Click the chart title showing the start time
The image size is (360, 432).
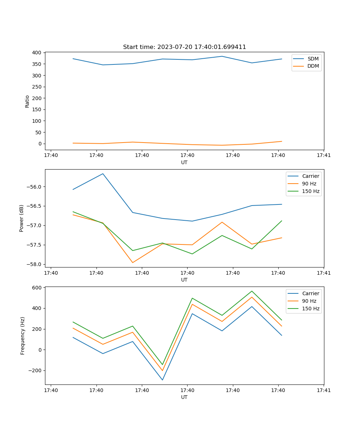184,47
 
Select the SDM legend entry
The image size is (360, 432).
313,59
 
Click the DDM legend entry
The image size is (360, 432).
313,66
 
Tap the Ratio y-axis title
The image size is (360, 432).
27,101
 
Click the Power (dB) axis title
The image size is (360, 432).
22,218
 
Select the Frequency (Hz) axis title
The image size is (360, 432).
23,336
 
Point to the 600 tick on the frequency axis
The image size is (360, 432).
37,288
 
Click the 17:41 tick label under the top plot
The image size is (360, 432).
324,156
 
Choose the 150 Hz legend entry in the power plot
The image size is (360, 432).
311,191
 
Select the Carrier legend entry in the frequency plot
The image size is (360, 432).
310,293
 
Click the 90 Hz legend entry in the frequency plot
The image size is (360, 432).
309,301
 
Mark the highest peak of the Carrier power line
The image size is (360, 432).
103,174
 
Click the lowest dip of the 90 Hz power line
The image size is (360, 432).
132,262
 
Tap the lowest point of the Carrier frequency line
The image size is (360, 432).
162,380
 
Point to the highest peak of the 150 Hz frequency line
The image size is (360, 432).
252,291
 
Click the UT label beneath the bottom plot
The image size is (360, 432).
184,397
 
